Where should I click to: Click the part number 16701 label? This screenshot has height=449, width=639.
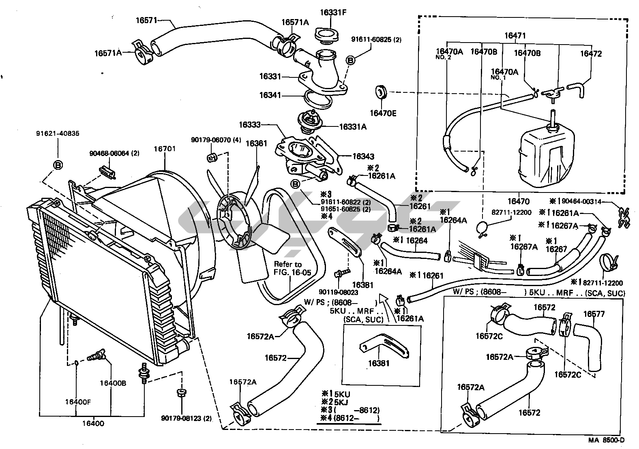164,149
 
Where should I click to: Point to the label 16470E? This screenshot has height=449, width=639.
383,113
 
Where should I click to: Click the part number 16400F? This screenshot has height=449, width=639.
78,402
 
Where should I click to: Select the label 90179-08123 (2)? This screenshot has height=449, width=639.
186,418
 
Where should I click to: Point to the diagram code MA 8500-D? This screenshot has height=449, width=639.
607,440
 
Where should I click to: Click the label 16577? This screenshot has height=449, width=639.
594,314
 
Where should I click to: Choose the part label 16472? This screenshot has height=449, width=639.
591,53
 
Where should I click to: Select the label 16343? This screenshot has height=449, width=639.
363,156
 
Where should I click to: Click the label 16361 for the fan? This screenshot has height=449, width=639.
256,143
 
